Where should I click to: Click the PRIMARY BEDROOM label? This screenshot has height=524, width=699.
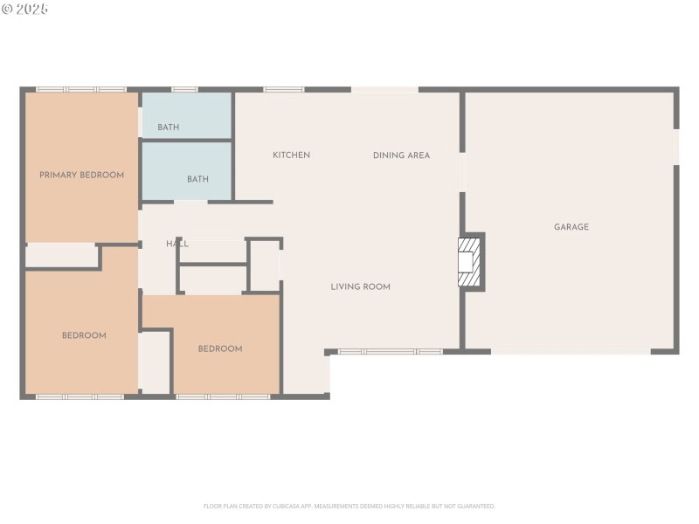click(81, 175)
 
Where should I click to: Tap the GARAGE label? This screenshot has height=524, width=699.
click(571, 227)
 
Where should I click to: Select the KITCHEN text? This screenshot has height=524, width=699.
click(291, 155)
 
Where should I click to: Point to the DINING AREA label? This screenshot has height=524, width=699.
click(401, 155)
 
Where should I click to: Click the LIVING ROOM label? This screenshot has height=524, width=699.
click(360, 286)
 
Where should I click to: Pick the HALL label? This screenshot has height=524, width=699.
click(177, 244)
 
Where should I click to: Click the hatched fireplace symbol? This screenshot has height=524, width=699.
click(470, 261)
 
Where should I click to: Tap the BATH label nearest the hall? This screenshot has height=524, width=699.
click(197, 179)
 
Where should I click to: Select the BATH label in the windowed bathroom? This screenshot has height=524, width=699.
click(168, 128)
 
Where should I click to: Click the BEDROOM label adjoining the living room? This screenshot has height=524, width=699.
click(219, 348)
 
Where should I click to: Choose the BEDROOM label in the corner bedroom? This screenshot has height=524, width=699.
click(84, 335)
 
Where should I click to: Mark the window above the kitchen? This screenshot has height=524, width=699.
click(283, 89)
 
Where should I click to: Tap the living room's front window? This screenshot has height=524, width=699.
click(390, 352)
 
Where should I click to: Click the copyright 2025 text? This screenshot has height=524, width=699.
click(25, 9)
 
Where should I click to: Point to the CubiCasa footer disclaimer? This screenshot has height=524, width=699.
click(349, 506)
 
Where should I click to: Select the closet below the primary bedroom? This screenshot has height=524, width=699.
click(61, 256)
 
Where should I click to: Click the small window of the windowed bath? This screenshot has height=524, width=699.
click(183, 89)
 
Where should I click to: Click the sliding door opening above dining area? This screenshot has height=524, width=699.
click(384, 89)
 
